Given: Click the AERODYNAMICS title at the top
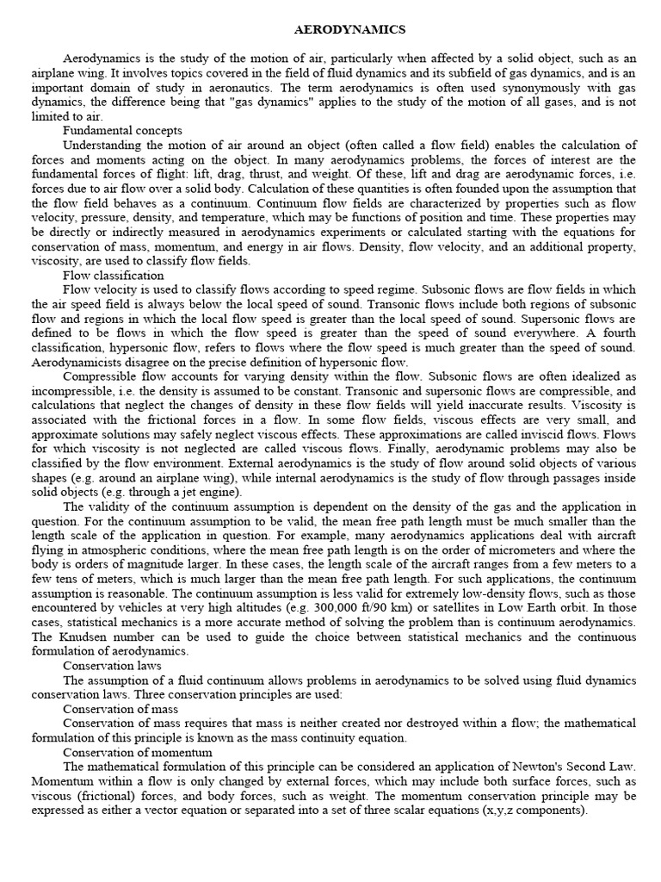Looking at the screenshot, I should coord(349,29).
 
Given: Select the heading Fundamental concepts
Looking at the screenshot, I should coord(122,130).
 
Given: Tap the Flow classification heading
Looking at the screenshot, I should coord(114,275).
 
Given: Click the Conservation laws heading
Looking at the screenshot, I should coord(112,665).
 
